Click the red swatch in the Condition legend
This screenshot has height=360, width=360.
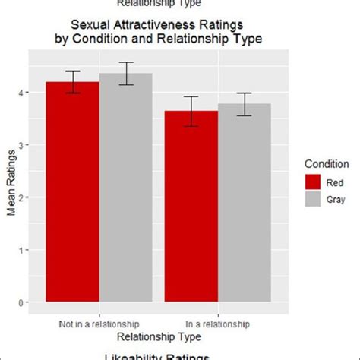pos(313,182)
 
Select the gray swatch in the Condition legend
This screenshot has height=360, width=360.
pos(313,199)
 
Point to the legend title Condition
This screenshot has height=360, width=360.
pos(326,163)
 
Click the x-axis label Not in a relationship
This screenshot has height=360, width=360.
pos(99,324)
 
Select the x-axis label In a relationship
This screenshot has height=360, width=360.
pos(218,324)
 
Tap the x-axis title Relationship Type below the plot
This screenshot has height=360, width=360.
pos(158,336)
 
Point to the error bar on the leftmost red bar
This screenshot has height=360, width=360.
pos(73,82)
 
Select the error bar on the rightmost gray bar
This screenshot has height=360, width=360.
pos(245,104)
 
